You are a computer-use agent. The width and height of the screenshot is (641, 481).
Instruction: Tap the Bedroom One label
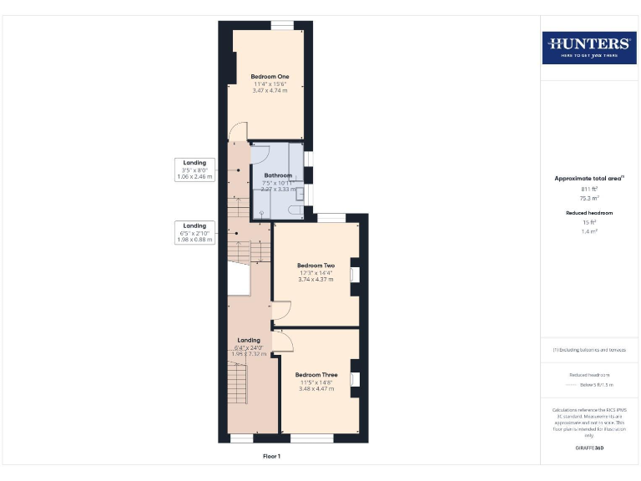pyautogui.click(x=270, y=77)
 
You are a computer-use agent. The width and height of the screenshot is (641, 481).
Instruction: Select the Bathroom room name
pyautogui.click(x=278, y=175)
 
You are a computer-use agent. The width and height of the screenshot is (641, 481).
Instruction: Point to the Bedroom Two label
pyautogui.click(x=315, y=266)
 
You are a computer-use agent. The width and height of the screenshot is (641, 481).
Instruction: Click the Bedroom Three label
pyautogui.click(x=316, y=375)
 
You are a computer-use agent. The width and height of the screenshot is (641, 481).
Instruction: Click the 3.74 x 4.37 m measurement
pyautogui.click(x=315, y=279)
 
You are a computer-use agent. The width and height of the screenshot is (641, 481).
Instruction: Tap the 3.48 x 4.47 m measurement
pyautogui.click(x=316, y=388)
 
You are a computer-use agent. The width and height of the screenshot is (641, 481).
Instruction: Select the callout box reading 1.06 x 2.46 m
pyautogui.click(x=194, y=170)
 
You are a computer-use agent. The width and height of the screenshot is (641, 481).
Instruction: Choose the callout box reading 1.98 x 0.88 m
pyautogui.click(x=194, y=233)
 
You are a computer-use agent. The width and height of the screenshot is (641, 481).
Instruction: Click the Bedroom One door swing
pyautogui.click(x=238, y=132)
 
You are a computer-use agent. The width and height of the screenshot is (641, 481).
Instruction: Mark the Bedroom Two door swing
pyautogui.click(x=281, y=311)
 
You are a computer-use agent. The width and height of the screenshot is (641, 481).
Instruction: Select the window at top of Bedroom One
pyautogui.click(x=282, y=25)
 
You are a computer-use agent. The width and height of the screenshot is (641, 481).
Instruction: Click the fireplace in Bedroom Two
pyautogui.click(x=354, y=275)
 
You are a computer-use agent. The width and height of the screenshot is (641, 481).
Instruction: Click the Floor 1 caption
pyautogui.click(x=272, y=456)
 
